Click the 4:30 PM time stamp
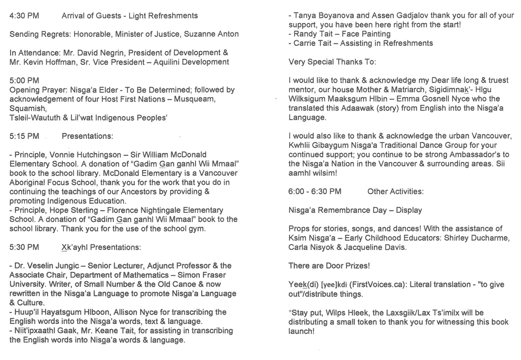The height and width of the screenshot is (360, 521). [24, 16]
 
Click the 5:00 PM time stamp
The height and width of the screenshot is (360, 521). [24, 80]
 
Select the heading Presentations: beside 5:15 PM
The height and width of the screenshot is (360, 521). [87, 136]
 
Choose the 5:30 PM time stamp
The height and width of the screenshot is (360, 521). [24, 247]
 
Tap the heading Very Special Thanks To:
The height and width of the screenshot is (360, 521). [332, 62]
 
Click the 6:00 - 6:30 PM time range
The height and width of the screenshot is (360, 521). [315, 192]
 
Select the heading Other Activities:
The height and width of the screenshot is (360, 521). [396, 192]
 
